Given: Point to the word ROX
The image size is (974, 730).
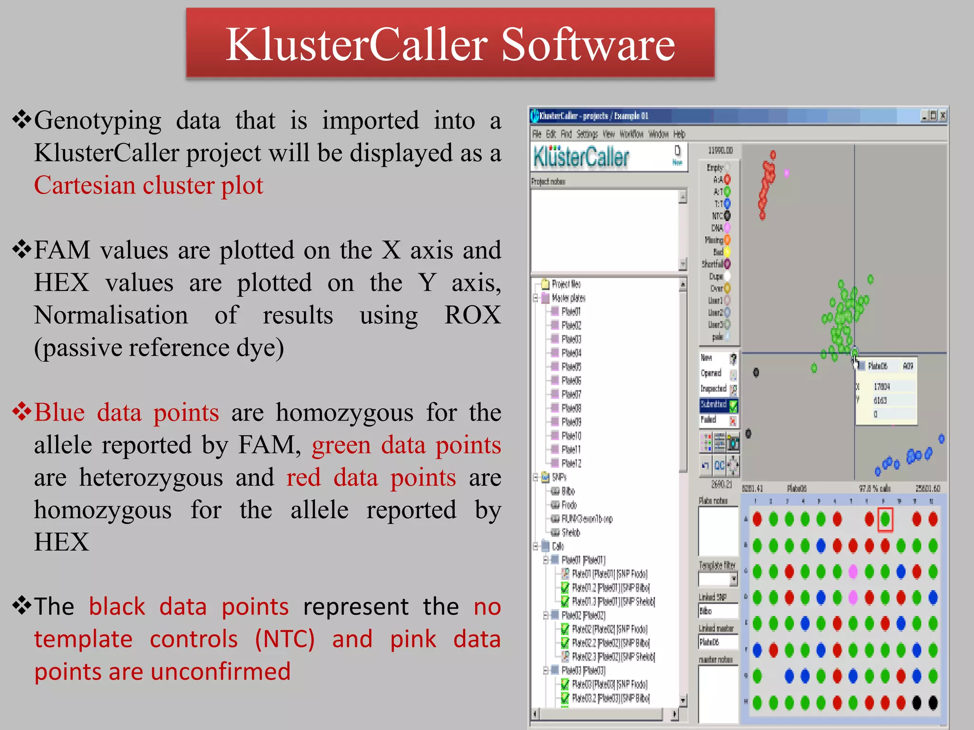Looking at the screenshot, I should (472, 315).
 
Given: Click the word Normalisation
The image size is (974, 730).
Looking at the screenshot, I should (111, 315).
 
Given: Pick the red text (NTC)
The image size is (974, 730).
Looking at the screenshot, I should (284, 639).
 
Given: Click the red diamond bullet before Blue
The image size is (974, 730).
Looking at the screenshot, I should (22, 412).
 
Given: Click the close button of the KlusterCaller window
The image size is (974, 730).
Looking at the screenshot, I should (942, 115).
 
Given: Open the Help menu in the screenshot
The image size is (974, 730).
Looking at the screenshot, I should (679, 134).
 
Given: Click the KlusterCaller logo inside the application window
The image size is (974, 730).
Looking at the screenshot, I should (581, 157).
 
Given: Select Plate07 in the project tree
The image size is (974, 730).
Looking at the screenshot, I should (571, 394).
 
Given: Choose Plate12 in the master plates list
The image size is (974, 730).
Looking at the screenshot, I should (571, 463).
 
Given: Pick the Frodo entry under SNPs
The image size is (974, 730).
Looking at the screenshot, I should (569, 505).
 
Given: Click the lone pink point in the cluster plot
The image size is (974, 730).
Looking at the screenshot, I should (787, 173).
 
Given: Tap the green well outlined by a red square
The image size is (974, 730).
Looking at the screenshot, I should (885, 519).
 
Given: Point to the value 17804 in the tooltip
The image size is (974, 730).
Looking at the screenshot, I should (881, 387).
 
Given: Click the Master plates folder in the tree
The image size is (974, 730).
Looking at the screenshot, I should (568, 298).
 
